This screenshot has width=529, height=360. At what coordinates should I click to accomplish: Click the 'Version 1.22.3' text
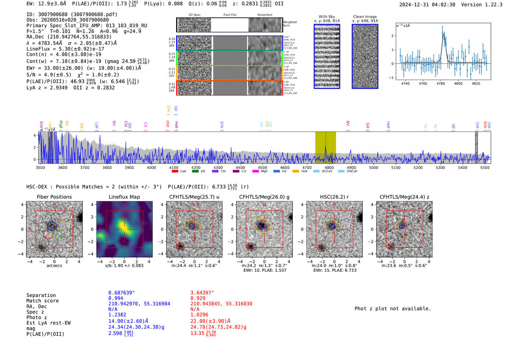482,5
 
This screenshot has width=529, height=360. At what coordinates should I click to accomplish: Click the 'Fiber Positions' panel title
54,197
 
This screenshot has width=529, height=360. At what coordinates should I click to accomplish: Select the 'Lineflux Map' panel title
124,197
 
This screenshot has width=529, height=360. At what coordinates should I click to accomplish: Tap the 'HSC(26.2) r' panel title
334,197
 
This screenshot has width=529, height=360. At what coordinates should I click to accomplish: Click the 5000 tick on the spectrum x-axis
373,167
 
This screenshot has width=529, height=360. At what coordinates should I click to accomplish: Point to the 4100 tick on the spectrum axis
173,167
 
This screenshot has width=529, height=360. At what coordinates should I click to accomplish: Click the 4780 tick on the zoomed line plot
441,83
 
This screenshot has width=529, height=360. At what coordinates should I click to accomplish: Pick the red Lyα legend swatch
175,171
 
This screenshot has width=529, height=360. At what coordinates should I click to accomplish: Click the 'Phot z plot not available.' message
393,309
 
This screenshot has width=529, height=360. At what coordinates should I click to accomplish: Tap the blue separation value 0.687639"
121,293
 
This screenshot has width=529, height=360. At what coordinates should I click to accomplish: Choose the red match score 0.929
198,298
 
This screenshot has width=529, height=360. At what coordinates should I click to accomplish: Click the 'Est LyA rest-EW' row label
48,323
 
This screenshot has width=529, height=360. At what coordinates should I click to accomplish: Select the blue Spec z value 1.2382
116,315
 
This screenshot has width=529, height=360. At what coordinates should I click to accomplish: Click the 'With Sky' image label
326,17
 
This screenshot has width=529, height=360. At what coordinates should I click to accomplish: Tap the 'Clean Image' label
365,17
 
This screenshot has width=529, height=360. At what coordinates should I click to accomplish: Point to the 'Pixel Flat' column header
230,15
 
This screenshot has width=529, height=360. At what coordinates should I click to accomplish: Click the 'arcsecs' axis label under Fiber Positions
54,266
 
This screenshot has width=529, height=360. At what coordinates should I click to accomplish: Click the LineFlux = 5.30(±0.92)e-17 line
65,49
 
